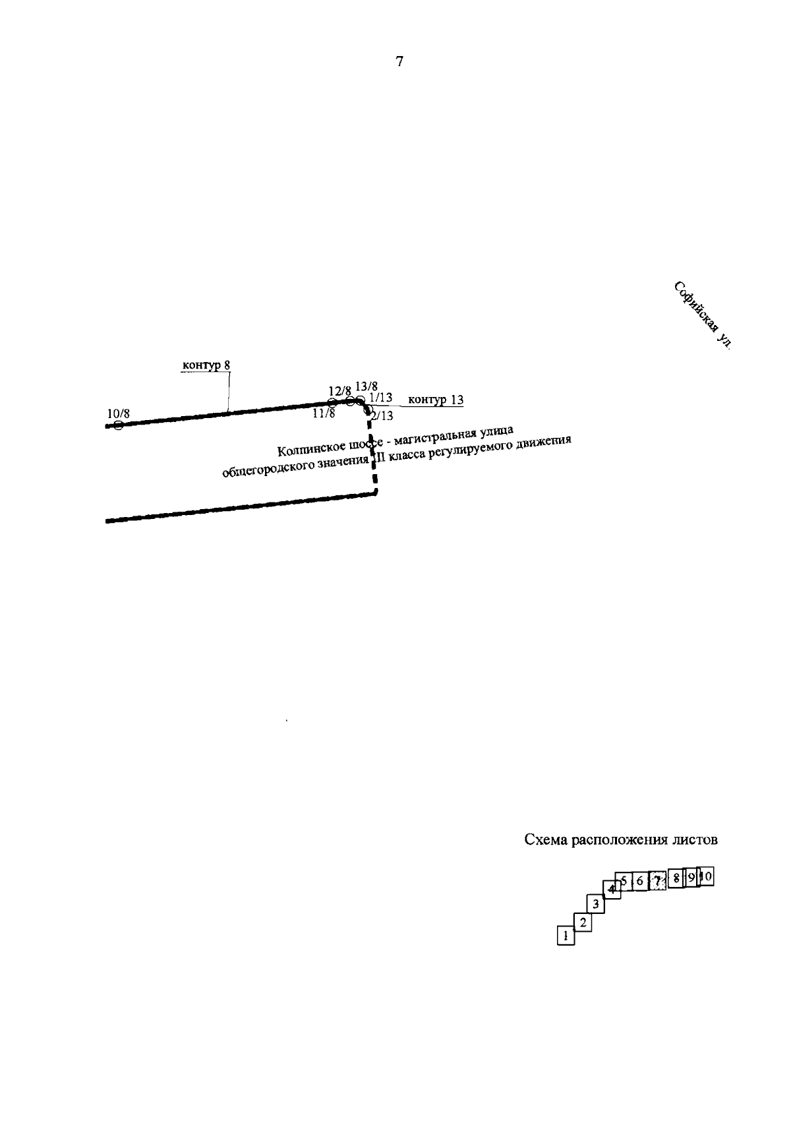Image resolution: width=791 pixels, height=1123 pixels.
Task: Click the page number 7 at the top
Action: tap(399, 62)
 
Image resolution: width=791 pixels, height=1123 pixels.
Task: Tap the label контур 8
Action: tap(206, 365)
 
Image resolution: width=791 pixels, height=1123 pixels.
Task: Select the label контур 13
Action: tap(436, 400)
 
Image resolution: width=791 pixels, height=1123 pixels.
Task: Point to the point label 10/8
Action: tap(118, 413)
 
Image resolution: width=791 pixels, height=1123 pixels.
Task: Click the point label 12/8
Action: tap(339, 390)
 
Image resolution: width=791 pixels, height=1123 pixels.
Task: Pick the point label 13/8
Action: tap(366, 386)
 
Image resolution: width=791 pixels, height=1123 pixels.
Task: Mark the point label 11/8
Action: tap(324, 413)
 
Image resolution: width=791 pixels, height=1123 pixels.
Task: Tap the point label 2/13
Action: tap(382, 415)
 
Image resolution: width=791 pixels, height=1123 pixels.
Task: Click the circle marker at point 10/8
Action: tap(118, 425)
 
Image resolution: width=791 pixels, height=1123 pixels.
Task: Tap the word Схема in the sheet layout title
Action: tap(546, 840)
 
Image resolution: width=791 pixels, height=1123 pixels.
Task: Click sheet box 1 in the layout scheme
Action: tap(566, 936)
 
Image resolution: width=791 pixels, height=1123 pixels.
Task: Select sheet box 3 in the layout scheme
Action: tap(595, 904)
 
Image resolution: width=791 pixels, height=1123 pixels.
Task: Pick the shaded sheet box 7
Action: tap(657, 880)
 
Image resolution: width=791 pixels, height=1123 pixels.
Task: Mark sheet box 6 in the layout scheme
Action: tap(639, 881)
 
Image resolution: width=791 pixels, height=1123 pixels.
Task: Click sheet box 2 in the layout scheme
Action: tap(582, 922)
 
